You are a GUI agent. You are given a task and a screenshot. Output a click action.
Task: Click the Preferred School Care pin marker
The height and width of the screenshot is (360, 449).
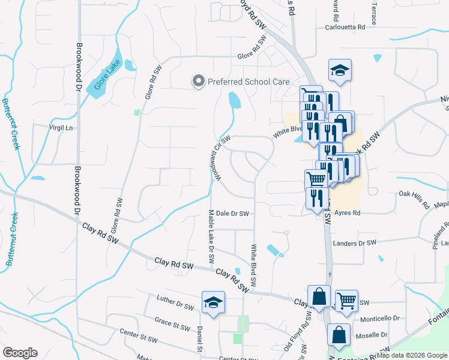click(197, 82)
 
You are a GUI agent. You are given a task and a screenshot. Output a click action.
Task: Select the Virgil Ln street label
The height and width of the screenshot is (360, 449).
click(60, 128)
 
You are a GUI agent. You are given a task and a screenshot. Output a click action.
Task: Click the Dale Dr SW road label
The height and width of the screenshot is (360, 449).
click(232, 213)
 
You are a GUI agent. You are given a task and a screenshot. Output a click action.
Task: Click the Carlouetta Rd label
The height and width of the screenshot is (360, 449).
click(345, 28)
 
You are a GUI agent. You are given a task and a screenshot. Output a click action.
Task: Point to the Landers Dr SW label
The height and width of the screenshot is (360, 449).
click(354, 242)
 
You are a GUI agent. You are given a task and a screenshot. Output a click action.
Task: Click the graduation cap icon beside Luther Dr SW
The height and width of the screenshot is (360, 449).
click(213, 303)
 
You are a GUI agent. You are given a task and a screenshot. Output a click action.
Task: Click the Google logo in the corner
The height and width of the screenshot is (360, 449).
click(20, 353)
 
